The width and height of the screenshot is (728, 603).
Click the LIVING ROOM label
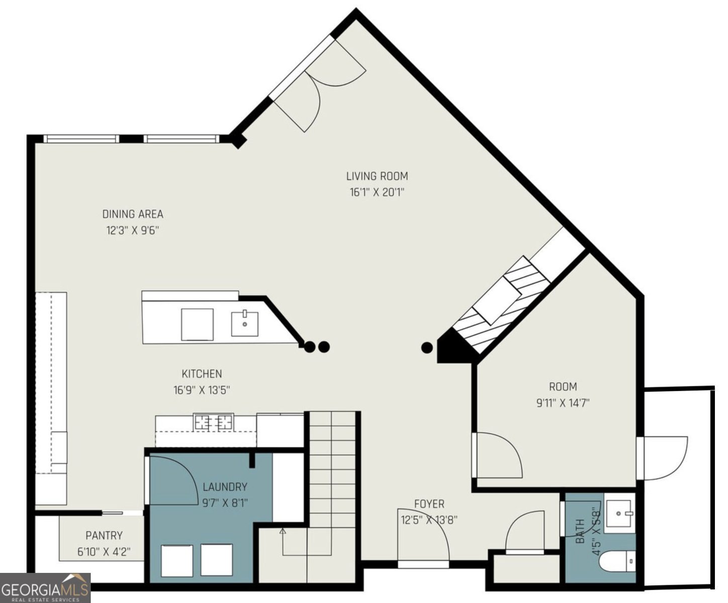point(377,176)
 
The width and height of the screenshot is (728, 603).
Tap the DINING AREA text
point(133,214)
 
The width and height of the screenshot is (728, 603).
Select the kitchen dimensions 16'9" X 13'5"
point(202,390)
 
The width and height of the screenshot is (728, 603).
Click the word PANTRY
point(104,535)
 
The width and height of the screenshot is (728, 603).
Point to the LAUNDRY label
point(225,486)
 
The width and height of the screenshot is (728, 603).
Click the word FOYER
point(429,504)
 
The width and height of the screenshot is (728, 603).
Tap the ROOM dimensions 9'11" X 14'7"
point(563,403)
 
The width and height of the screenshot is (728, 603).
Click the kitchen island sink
point(245,324)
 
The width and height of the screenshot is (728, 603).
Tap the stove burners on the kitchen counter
point(214,422)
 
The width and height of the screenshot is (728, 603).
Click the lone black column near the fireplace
point(427,348)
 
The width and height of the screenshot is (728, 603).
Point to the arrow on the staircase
point(283,531)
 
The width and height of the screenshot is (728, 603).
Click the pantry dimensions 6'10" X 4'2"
point(104,552)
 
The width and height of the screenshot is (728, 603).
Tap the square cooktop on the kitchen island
point(197,324)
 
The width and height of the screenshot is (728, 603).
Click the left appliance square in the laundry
point(177,560)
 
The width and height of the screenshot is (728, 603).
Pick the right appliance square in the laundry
point(217,560)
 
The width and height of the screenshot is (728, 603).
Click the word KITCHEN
point(202,374)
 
